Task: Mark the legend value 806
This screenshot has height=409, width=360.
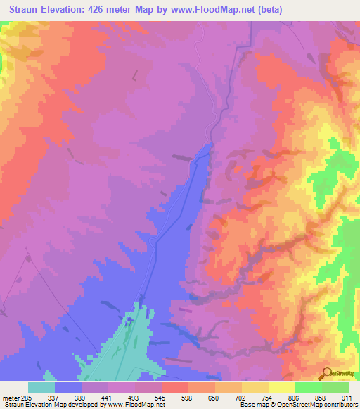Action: [x=295, y=396]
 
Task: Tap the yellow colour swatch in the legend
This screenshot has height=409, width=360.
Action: [x=281, y=387]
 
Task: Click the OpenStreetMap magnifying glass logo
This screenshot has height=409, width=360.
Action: [x=327, y=373]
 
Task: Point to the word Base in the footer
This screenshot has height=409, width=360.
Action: [x=246, y=405]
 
